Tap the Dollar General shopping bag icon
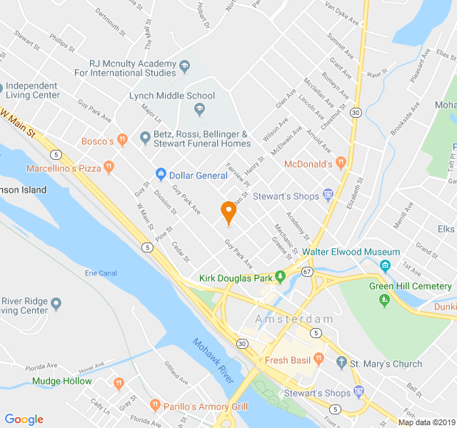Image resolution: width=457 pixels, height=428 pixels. (x=161, y=175)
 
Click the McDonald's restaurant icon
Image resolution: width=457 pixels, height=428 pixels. (x=341, y=163)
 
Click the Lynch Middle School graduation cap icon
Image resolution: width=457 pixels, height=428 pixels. (x=199, y=109)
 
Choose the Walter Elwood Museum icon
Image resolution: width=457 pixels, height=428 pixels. (x=386, y=266)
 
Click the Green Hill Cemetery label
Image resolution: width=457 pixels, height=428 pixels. (x=410, y=286)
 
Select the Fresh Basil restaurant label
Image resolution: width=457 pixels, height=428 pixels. (x=288, y=360)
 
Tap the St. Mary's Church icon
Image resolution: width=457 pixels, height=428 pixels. (x=341, y=364)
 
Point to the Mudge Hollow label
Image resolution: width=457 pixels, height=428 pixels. (x=61, y=381)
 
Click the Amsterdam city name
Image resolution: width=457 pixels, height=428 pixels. (x=294, y=319)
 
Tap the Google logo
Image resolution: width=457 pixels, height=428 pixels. (x=24, y=419)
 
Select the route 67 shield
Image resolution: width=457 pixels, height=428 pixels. (x=307, y=271)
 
